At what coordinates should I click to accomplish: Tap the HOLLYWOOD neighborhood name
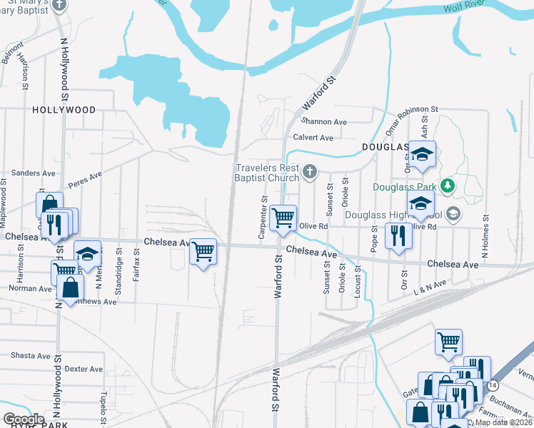(x=64, y=110)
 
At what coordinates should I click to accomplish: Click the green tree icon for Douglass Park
(x=448, y=186)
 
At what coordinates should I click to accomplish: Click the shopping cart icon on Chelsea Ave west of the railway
(x=203, y=251)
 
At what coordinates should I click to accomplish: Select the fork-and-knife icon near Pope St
(x=397, y=235)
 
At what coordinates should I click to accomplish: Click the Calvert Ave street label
(x=313, y=137)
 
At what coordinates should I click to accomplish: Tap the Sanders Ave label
(x=34, y=173)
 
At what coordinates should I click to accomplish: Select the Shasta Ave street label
(x=31, y=355)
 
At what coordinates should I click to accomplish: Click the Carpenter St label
(x=263, y=218)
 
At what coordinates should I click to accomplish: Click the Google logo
(x=23, y=419)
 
